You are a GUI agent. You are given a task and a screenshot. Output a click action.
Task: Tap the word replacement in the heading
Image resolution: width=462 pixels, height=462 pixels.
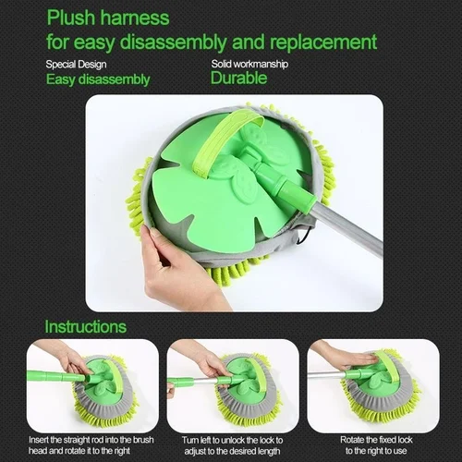[323, 42]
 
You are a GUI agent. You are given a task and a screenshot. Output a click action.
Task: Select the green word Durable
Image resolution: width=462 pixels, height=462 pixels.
[238, 78]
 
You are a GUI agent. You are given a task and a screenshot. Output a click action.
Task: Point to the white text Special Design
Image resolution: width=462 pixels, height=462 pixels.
[76, 65]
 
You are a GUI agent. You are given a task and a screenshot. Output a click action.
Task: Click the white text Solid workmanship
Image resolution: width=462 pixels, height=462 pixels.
[249, 64]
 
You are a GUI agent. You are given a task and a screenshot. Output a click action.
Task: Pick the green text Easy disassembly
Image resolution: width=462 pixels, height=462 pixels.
[98, 79]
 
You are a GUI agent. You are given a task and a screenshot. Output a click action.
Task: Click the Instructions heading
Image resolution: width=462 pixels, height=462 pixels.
[86, 326]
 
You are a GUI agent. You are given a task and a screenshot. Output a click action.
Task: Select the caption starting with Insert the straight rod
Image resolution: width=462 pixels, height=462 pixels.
[91, 445]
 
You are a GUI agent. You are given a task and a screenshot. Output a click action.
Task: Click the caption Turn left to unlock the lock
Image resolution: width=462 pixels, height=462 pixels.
[232, 445]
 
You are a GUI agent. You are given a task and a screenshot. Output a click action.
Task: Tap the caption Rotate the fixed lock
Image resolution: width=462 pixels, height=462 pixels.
[376, 445]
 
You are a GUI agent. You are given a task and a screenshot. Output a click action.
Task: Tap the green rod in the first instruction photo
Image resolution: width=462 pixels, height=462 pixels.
[58, 376]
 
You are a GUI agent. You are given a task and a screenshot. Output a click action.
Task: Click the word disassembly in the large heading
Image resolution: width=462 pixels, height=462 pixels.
[174, 42]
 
